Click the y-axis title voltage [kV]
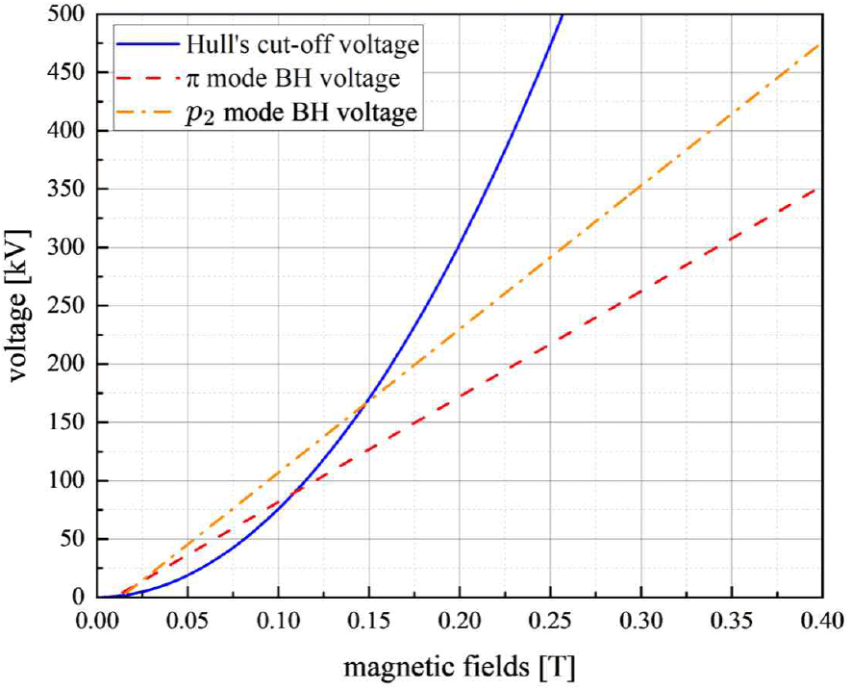click(20, 306)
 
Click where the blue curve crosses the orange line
click(366, 401)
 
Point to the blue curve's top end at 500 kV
click(563, 14)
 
